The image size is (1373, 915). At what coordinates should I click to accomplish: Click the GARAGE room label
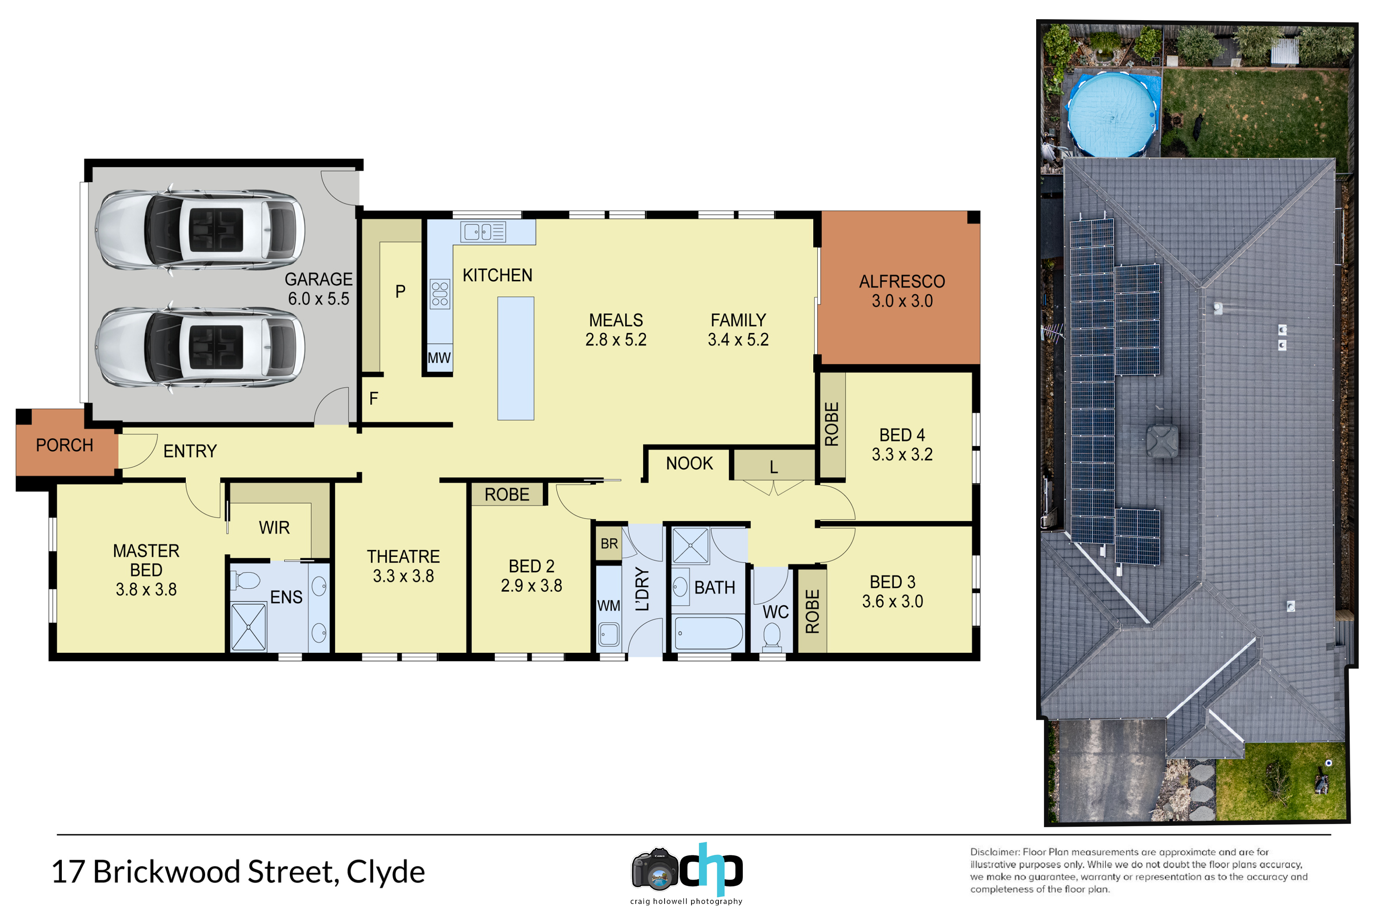(319, 280)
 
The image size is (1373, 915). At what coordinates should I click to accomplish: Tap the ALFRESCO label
(902, 282)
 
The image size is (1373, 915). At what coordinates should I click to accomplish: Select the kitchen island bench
(515, 358)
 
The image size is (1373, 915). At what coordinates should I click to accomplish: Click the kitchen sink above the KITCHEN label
(483, 231)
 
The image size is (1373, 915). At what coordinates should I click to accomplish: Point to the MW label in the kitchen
(439, 358)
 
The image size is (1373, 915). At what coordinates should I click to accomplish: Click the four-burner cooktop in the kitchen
(440, 294)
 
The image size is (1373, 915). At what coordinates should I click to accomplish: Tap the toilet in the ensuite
(246, 581)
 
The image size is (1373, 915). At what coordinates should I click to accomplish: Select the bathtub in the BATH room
(708, 634)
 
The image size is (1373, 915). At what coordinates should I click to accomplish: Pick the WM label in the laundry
(609, 606)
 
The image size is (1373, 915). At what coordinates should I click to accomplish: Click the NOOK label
(689, 463)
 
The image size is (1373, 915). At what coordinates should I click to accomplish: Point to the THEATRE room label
(403, 557)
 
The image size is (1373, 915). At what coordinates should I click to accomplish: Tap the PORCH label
(65, 445)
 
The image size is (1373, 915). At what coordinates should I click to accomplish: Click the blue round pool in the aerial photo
(1113, 115)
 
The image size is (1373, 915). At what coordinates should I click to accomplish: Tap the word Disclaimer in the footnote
(995, 852)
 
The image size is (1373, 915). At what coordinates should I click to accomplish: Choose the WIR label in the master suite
(274, 527)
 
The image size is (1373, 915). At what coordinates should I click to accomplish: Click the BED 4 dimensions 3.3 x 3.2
(902, 455)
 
